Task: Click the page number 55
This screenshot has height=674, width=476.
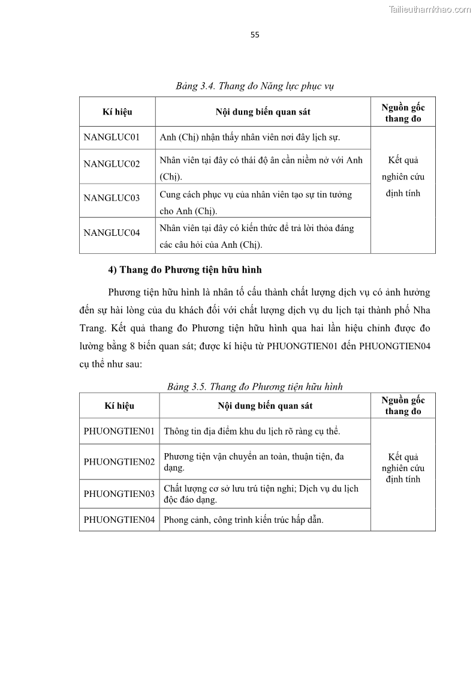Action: pyautogui.click(x=255, y=35)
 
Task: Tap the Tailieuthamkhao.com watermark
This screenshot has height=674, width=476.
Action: pyautogui.click(x=430, y=9)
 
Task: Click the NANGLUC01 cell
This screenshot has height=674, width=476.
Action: pyautogui.click(x=112, y=137)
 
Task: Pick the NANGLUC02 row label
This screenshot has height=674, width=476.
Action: pyautogui.click(x=112, y=164)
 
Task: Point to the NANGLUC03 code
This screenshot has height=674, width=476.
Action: pyautogui.click(x=112, y=198)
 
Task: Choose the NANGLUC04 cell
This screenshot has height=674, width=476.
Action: pyautogui.click(x=112, y=232)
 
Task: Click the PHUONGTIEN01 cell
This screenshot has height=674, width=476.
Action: pyautogui.click(x=119, y=431)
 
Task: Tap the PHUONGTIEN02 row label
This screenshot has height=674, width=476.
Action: pyautogui.click(x=119, y=462)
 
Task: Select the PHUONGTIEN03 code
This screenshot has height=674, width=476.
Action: pyautogui.click(x=119, y=494)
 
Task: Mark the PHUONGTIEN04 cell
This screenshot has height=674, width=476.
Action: pyautogui.click(x=119, y=520)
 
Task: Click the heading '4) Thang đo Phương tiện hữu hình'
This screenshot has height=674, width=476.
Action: pyautogui.click(x=185, y=270)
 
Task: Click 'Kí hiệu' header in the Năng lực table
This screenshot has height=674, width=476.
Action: pyautogui.click(x=118, y=112)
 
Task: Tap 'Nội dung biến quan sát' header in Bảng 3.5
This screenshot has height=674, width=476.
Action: pyautogui.click(x=264, y=406)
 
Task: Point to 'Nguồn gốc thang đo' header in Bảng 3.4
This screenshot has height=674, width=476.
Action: pyautogui.click(x=403, y=113)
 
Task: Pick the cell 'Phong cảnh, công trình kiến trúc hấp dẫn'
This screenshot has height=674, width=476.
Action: pyautogui.click(x=243, y=520)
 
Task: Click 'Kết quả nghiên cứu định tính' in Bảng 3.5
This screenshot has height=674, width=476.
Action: pyautogui.click(x=403, y=468)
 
